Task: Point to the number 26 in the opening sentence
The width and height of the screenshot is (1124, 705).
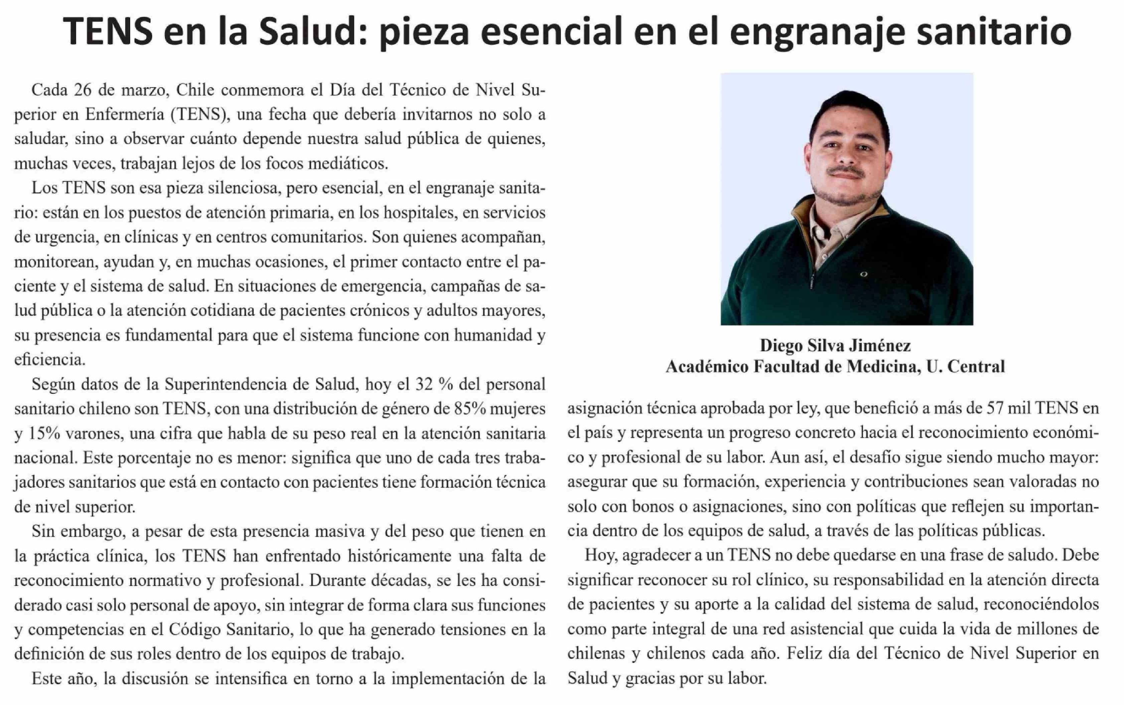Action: [x=83, y=90]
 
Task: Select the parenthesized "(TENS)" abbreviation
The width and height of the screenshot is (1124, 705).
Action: [x=200, y=115]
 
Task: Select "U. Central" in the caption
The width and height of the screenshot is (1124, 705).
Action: [x=966, y=367]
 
